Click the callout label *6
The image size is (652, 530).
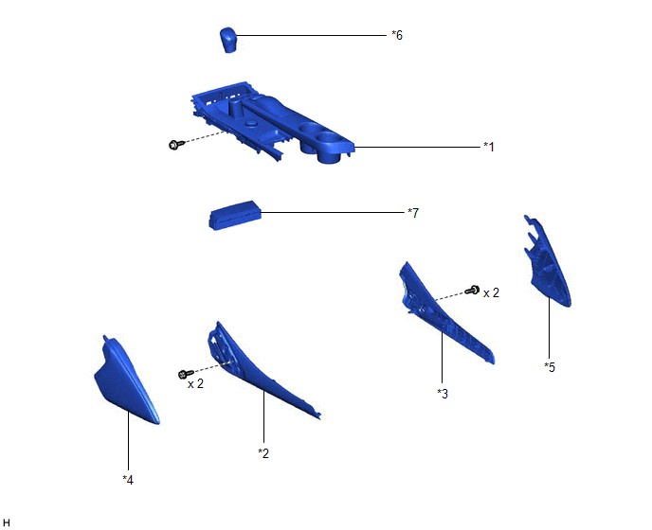point(397,35)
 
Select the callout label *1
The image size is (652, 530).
point(489,147)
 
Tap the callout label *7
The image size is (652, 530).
point(413,213)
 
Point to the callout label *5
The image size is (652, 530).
point(550,367)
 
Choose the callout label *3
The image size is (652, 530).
point(443,394)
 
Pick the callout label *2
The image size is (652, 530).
point(263,453)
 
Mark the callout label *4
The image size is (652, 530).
point(128,480)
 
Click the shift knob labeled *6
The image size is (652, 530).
point(227,40)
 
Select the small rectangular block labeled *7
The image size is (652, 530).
point(234,215)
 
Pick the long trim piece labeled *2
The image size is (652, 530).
point(254,370)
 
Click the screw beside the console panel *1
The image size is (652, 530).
point(176,144)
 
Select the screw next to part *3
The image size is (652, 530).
point(472,290)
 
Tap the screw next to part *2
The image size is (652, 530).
point(186,374)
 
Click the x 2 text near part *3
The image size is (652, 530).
point(491,292)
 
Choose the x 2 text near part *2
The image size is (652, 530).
point(195,384)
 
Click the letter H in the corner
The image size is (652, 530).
point(7,522)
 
